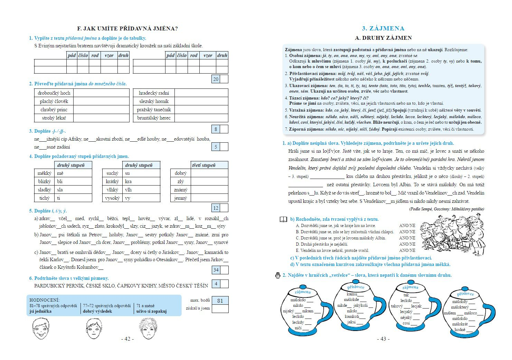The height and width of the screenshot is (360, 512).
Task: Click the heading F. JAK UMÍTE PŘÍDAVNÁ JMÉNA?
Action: pos(127,29)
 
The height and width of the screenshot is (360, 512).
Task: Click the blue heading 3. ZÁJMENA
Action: pos(383,28)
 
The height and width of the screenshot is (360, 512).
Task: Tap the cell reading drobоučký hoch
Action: pos(54,93)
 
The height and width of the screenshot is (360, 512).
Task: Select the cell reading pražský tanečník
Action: pos(154,110)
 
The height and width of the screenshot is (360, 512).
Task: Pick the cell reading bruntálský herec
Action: pos(154,118)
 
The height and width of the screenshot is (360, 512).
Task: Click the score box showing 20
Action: pos(216,79)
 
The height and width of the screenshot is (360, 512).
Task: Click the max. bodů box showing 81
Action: pos(220,301)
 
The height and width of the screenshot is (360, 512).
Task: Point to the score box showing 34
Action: pos(216,270)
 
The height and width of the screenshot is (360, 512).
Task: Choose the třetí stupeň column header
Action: pos(204,165)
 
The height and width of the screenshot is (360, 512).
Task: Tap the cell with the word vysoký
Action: pos(113,198)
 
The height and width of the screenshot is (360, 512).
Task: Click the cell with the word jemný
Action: pos(181,198)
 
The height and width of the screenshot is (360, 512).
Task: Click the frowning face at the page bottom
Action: pos(147,329)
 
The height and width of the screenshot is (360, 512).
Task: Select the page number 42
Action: pos(127,339)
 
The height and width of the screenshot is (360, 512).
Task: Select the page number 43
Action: pos(383,339)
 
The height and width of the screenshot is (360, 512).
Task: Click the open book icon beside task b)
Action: pos(283,219)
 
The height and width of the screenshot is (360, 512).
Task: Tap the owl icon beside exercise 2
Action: pos(278,275)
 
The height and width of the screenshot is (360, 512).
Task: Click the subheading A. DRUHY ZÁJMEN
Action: pos(383,38)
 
